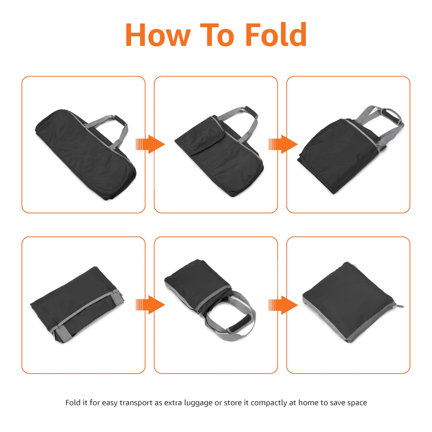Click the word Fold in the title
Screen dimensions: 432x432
pos(276,34)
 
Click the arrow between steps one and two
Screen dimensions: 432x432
pos(150,144)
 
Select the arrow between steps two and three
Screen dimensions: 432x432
pos(283,144)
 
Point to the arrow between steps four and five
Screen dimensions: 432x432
pos(150,305)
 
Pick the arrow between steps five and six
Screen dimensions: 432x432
pos(283,305)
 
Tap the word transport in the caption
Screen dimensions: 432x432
pos(136,403)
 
